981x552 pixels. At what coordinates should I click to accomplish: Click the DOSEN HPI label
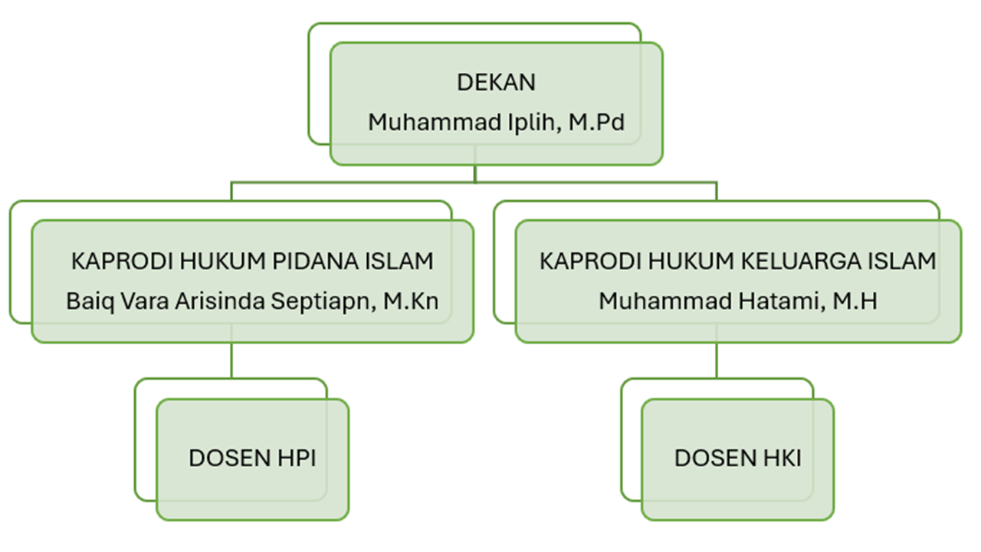coord(252,458)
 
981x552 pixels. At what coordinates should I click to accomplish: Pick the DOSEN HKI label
coord(737,458)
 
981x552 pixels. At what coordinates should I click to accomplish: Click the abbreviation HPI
coord(296,458)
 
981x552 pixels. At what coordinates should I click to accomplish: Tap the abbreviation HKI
coord(781,458)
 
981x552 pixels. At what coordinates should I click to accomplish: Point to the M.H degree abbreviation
coord(855,301)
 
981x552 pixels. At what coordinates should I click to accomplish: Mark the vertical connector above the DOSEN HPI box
coord(231,360)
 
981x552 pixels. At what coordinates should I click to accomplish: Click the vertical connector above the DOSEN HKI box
coord(717,360)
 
